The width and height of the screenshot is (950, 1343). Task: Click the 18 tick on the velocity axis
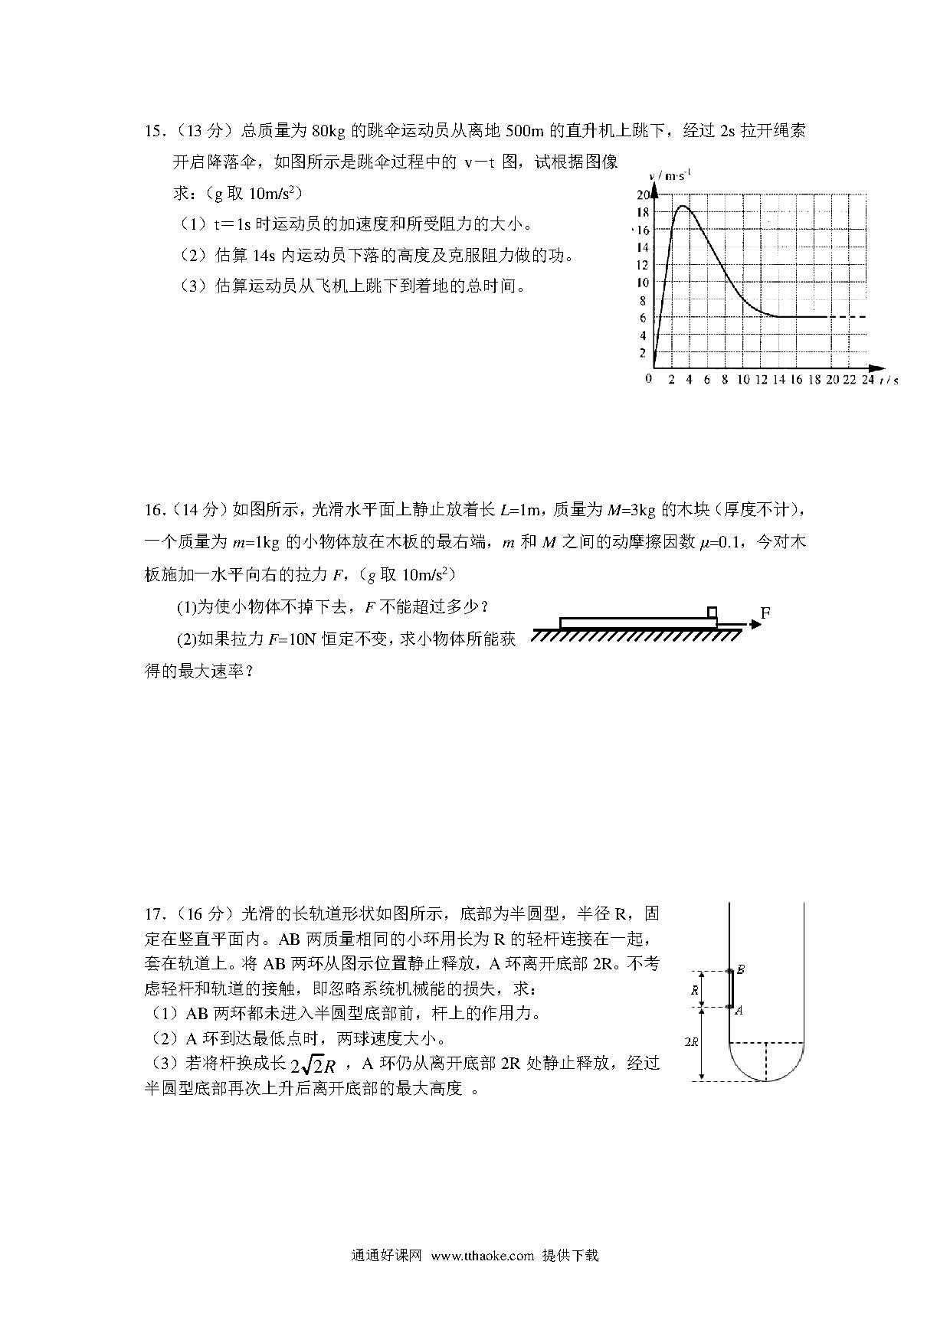(x=642, y=212)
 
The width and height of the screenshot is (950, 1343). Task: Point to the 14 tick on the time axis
(x=778, y=380)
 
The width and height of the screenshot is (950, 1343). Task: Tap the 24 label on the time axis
(x=867, y=380)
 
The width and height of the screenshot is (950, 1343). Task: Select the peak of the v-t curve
(x=681, y=206)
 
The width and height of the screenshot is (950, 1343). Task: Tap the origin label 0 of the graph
(x=648, y=379)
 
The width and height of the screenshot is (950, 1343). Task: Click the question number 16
(x=155, y=510)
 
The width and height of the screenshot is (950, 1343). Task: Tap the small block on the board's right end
(x=712, y=612)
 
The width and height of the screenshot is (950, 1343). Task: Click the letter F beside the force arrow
(x=765, y=613)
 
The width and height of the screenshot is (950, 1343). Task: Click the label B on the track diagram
(x=741, y=969)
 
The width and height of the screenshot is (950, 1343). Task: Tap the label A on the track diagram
(x=739, y=1011)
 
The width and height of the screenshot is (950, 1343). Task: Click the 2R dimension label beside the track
(x=690, y=1041)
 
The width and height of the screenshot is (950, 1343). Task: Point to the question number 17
(x=155, y=913)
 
